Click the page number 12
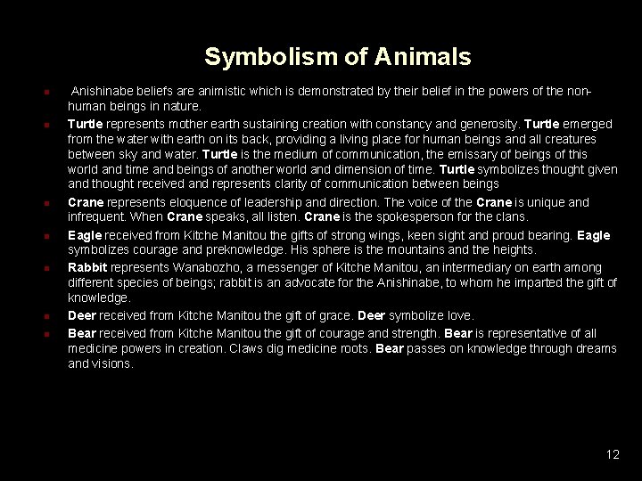(x=612, y=454)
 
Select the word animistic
(x=246, y=92)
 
